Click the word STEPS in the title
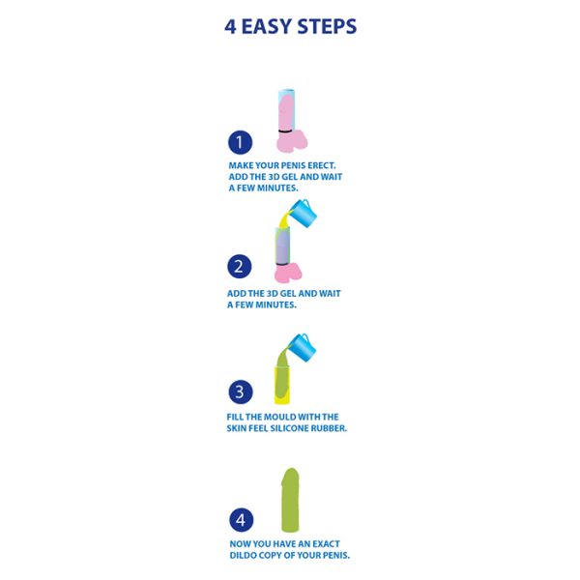[327, 27]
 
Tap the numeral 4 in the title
[230, 27]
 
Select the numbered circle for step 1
[240, 142]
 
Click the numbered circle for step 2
[240, 267]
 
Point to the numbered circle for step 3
[241, 391]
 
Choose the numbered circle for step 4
[242, 520]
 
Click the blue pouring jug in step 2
[304, 213]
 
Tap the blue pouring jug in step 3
[303, 348]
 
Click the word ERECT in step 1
[322, 165]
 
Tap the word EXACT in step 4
[326, 543]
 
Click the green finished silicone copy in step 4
[290, 500]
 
